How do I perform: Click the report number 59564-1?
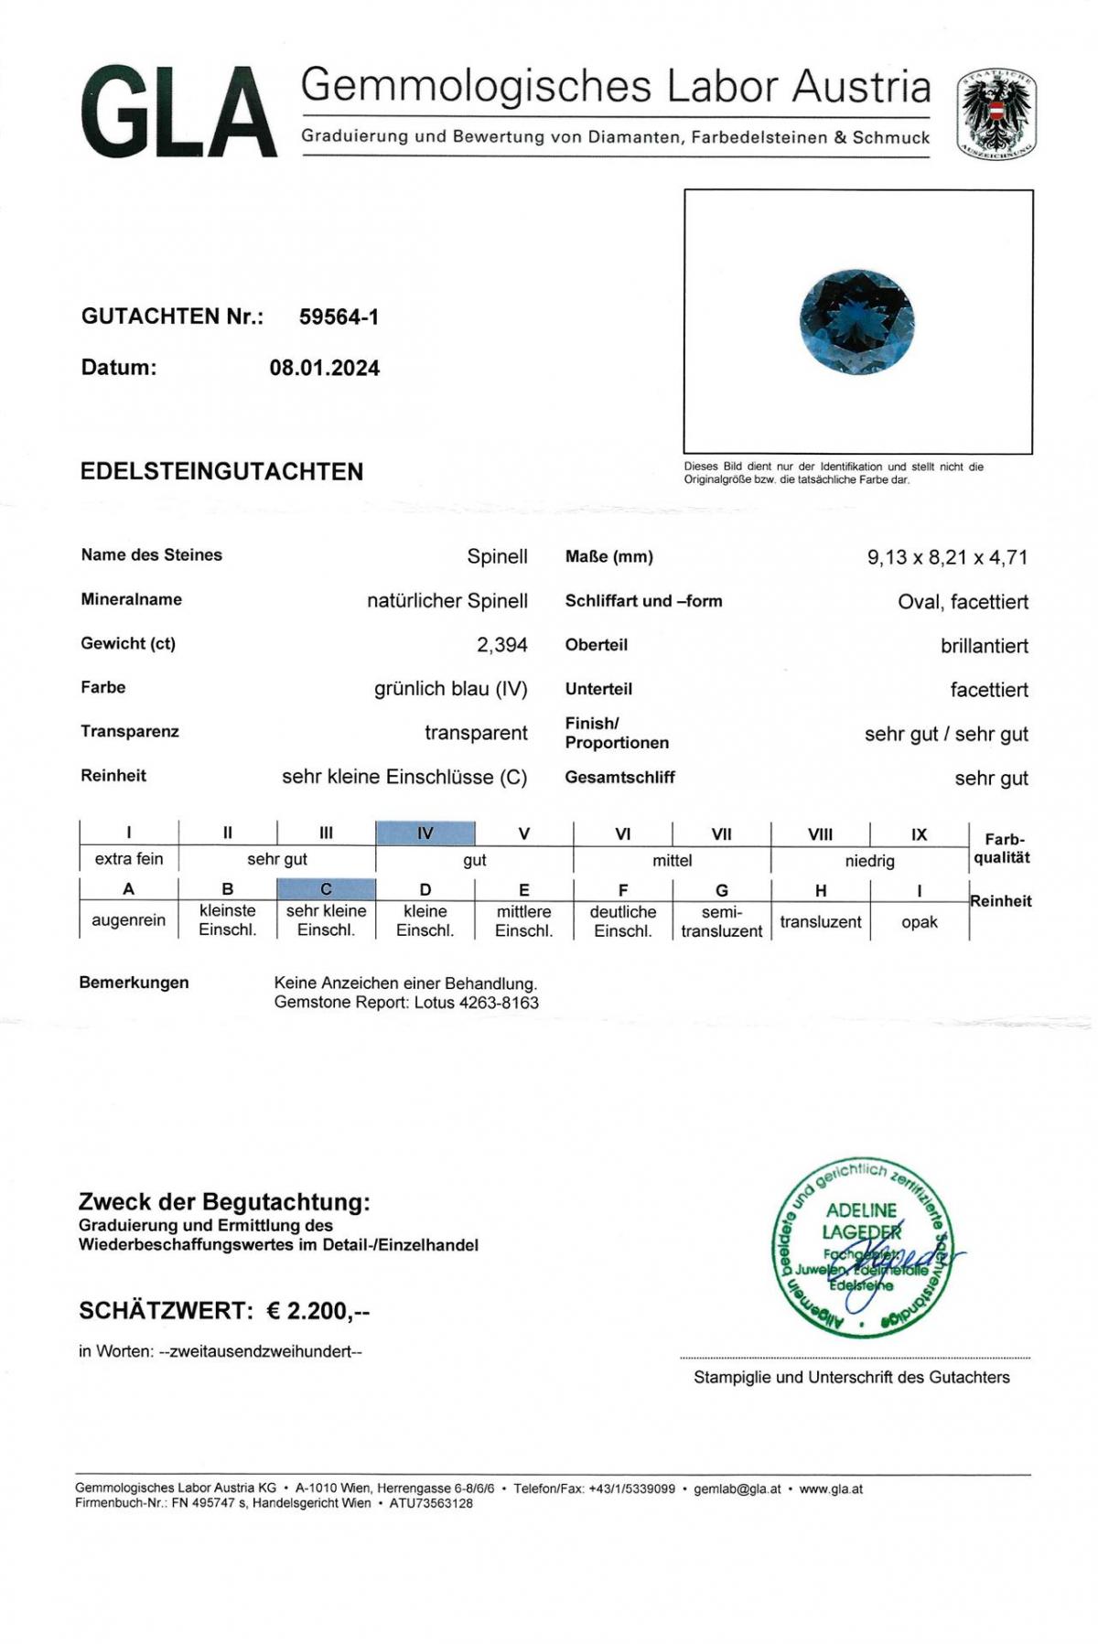coord(339,317)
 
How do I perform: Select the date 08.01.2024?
coord(324,368)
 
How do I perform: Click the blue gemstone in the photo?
coord(857,322)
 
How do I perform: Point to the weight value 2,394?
coord(501,645)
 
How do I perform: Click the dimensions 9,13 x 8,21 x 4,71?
coord(947,557)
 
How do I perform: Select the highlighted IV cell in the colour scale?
coord(425,833)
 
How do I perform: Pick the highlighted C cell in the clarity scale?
coord(326,888)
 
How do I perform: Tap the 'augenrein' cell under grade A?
coord(128,920)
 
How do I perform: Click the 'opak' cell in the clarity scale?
coord(919,922)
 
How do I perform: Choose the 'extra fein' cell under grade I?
coord(128,859)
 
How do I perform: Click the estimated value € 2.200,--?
coord(318,1311)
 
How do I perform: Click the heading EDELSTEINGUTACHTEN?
coord(222,471)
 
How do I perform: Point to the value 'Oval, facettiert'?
coord(963,602)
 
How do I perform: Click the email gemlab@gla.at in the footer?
coord(737,1488)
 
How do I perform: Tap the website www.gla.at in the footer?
coord(831,1488)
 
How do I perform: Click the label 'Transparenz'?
coord(130,732)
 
